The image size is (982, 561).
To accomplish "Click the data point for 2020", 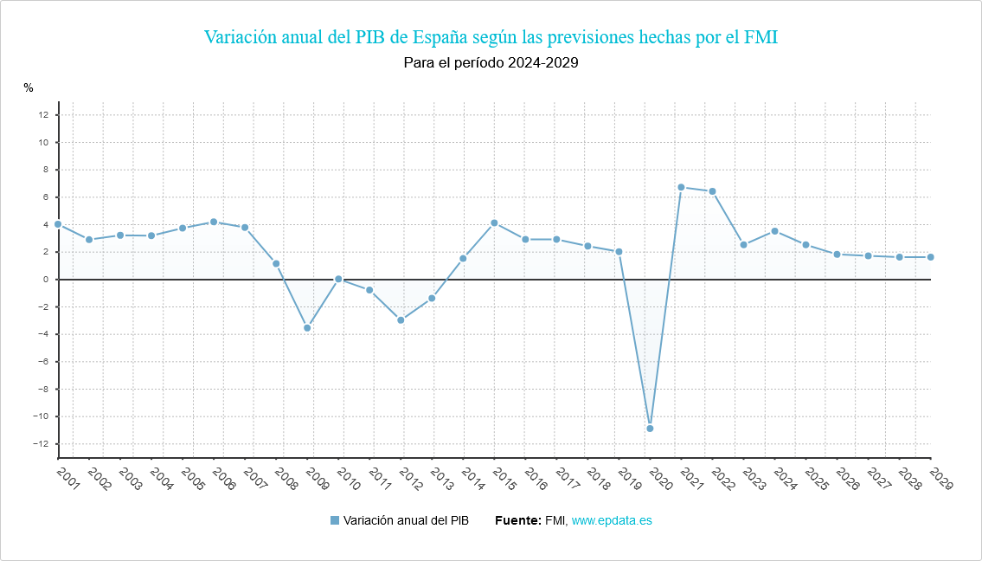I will click(x=650, y=429).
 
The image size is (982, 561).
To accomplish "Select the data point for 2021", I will click(x=681, y=187).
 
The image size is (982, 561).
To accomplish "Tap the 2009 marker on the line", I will click(x=307, y=328).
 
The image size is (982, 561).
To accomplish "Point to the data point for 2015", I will click(x=494, y=223).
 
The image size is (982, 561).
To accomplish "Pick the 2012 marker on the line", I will click(x=401, y=320).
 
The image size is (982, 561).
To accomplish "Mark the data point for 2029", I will click(x=930, y=257).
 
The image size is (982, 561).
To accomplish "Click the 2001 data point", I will click(x=58, y=224).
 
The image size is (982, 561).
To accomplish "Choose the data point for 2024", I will click(x=774, y=231).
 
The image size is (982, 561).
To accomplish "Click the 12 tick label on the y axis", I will click(x=42, y=115).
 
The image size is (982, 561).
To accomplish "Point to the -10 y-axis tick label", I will click(x=40, y=416).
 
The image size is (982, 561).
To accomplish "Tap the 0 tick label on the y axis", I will click(x=45, y=280).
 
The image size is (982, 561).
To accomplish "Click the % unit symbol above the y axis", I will click(x=29, y=87).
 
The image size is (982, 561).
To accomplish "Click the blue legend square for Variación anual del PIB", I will click(x=335, y=520).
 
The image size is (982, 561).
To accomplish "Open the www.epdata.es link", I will click(x=612, y=520).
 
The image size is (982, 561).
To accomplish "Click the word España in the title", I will click(x=440, y=37).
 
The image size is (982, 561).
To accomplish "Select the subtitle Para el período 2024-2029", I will click(x=491, y=62).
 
